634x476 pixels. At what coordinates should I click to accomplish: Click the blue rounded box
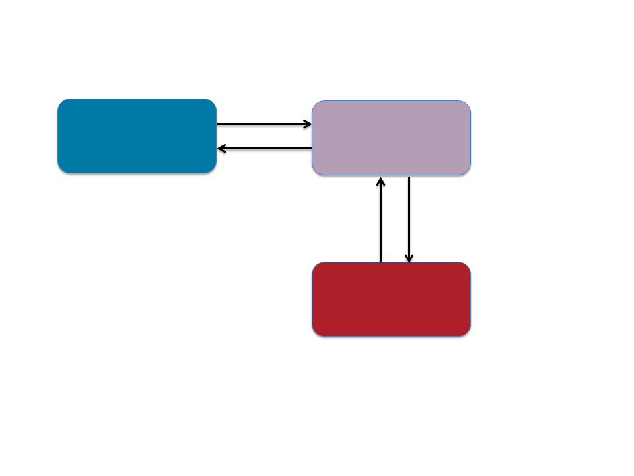137,136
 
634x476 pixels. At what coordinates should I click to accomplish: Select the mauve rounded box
391,138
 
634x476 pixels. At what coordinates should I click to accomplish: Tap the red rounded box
391,299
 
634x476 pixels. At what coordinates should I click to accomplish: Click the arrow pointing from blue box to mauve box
264,124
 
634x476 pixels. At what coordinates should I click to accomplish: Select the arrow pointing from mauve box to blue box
264,149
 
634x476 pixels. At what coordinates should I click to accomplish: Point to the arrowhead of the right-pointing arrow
308,124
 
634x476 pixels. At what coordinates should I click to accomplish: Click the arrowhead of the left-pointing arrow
221,149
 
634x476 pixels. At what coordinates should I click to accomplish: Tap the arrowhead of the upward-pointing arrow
380,180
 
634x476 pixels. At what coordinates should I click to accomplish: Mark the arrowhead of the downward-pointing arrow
409,259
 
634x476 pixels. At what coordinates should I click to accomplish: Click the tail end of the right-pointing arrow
218,124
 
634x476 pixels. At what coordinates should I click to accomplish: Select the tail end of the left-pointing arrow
311,149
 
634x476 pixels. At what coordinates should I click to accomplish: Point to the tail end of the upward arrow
380,261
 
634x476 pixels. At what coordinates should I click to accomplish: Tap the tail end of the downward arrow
409,177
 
